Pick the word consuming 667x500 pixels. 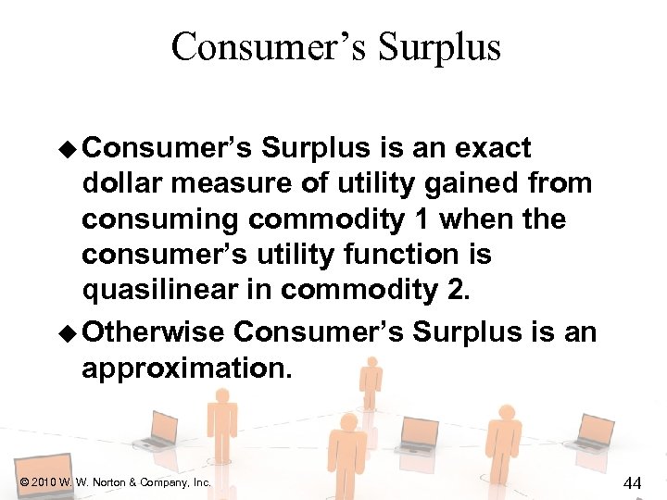(x=162, y=219)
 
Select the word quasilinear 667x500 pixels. (x=161, y=291)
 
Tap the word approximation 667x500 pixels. (x=186, y=369)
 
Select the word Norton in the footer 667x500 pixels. (x=106, y=482)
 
